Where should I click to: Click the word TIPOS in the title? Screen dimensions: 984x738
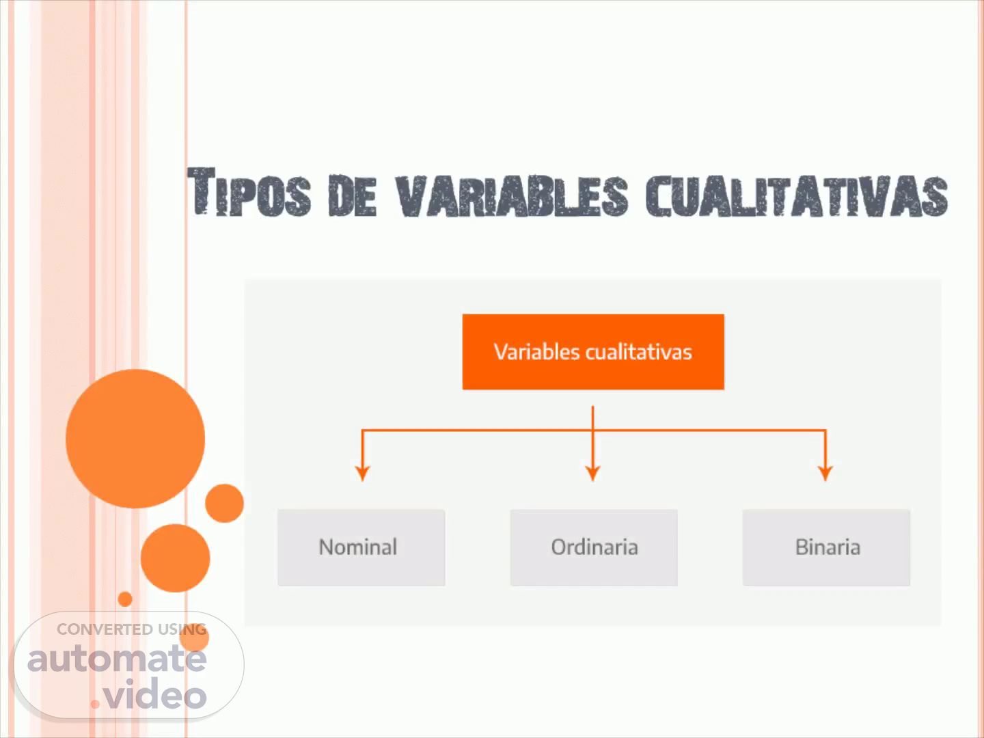(x=249, y=192)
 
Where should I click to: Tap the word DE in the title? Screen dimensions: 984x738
(x=352, y=196)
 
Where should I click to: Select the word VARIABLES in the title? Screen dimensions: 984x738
(x=512, y=196)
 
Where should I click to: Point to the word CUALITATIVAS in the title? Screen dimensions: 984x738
(x=797, y=196)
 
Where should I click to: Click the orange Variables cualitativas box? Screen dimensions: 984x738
(x=593, y=352)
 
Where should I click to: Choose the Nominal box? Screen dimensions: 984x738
(x=361, y=547)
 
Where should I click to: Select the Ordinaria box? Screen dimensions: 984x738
(x=594, y=547)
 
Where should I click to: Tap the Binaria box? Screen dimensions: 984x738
(x=826, y=547)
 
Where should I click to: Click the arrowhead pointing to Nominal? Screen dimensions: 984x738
(x=362, y=473)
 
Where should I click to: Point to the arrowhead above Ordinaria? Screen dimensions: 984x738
(x=592, y=473)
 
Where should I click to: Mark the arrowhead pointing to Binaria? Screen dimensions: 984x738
(x=825, y=473)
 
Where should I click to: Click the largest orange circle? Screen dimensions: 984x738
(x=135, y=439)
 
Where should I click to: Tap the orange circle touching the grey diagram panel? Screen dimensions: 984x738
(x=225, y=503)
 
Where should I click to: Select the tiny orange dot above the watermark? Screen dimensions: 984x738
(x=125, y=599)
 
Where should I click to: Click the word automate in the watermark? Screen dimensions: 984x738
(x=117, y=659)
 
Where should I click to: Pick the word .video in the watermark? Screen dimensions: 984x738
(x=149, y=693)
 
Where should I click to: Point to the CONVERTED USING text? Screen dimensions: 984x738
(x=131, y=629)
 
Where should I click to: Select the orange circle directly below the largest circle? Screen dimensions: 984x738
(x=176, y=558)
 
